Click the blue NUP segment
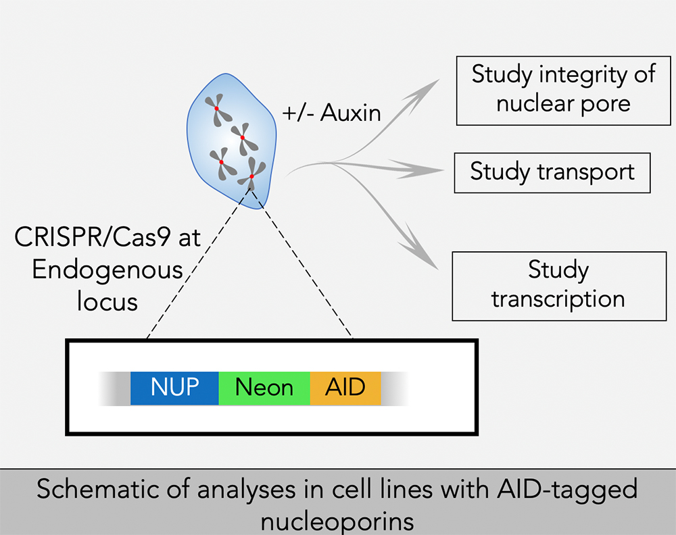(174, 388)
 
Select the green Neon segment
(264, 388)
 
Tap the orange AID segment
(345, 388)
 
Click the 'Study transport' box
(552, 173)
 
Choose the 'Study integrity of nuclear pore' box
(564, 91)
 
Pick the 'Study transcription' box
(559, 286)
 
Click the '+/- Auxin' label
(331, 113)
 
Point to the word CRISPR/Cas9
(93, 237)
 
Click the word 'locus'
(107, 301)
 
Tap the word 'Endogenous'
(107, 270)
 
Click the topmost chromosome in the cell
(217, 109)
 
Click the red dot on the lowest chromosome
(251, 176)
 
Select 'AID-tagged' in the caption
(567, 490)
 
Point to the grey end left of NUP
(114, 388)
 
